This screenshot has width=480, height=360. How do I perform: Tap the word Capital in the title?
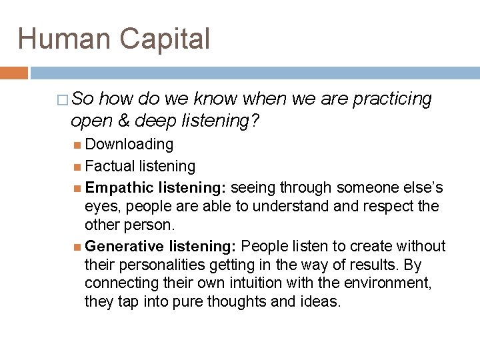167,39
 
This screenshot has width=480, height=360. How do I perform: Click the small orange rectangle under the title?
14,73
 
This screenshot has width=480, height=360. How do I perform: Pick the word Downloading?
129,144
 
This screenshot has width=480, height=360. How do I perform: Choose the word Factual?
111,165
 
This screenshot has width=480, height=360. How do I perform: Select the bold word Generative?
125,246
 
